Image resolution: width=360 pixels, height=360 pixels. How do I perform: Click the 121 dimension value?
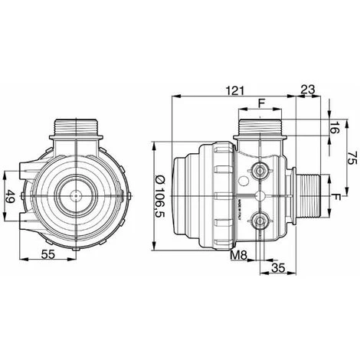click(236, 90)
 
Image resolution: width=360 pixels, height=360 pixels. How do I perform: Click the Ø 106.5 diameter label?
click(159, 195)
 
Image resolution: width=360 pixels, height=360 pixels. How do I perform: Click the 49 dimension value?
click(11, 197)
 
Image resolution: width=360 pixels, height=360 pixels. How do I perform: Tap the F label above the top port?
click(260, 103)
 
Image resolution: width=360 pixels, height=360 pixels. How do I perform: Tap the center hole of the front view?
click(76, 197)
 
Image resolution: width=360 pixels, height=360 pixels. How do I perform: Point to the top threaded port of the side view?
click(260, 127)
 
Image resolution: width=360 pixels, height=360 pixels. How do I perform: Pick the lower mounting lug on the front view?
click(28, 224)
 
